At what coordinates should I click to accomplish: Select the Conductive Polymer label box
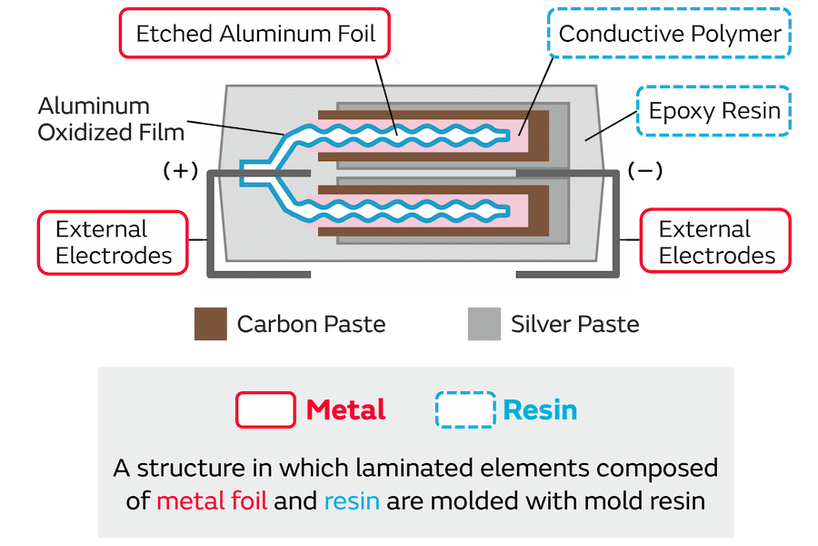pyautogui.click(x=670, y=35)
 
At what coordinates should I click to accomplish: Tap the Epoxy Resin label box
pyautogui.click(x=714, y=111)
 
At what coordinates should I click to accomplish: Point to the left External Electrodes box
pyautogui.click(x=113, y=242)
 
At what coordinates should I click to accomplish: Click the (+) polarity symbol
pyautogui.click(x=180, y=170)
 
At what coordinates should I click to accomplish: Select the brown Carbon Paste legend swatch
pyautogui.click(x=210, y=324)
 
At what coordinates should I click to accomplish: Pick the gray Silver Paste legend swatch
pyautogui.click(x=484, y=324)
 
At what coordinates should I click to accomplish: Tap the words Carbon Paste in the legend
pyautogui.click(x=311, y=324)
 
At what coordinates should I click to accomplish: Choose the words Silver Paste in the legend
pyautogui.click(x=574, y=324)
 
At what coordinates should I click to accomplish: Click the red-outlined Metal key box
pyautogui.click(x=265, y=409)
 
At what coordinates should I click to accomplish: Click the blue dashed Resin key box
pyautogui.click(x=465, y=409)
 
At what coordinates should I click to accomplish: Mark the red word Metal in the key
pyautogui.click(x=345, y=409)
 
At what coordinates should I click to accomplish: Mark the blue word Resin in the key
pyautogui.click(x=540, y=409)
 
